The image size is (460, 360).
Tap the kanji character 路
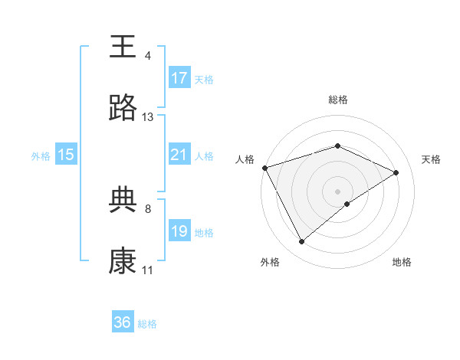(x=123, y=109)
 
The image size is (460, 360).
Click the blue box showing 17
(x=179, y=78)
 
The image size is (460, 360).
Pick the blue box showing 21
(x=179, y=155)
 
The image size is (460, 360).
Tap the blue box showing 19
(x=179, y=231)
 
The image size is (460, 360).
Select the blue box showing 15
(x=66, y=155)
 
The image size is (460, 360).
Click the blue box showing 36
(x=123, y=322)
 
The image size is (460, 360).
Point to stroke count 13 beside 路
(x=148, y=117)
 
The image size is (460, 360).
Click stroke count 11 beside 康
(x=148, y=270)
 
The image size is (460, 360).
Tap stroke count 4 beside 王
(x=148, y=56)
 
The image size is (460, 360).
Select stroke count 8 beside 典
(x=148, y=208)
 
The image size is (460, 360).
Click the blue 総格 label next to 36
(x=147, y=324)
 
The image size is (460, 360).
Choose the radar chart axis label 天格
(x=431, y=159)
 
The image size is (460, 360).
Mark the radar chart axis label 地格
(x=402, y=262)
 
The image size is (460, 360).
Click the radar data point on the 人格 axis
(x=264, y=168)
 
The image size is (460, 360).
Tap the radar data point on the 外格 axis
(x=301, y=242)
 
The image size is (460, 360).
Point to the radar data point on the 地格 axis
(x=347, y=204)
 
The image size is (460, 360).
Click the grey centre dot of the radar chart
(x=337, y=191)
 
